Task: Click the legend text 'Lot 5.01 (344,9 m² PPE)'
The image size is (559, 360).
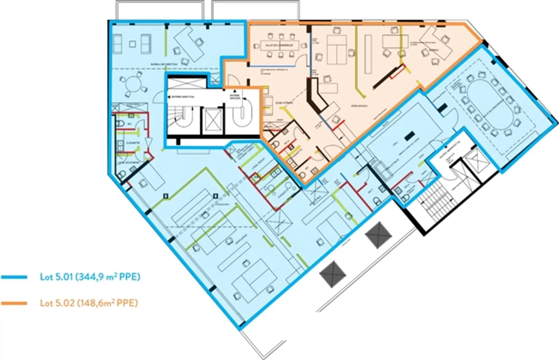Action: coord(90,277)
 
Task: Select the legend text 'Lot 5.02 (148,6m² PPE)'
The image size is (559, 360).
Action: coord(89,303)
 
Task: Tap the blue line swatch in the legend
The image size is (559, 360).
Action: coord(14,277)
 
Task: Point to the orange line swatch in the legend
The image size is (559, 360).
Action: coord(14,303)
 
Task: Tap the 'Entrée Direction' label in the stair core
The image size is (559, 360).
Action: coord(185,96)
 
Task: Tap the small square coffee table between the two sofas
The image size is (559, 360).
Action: coord(133,43)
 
